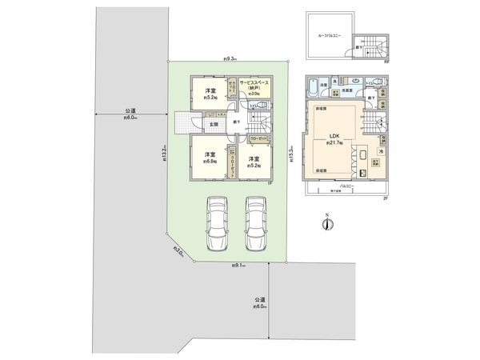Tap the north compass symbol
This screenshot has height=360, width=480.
point(328,223)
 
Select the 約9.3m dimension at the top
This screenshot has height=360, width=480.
point(229,58)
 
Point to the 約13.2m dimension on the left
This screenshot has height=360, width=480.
point(163,152)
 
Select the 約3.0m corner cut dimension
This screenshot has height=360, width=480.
point(179,255)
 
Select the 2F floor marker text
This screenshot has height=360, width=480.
point(385,198)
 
